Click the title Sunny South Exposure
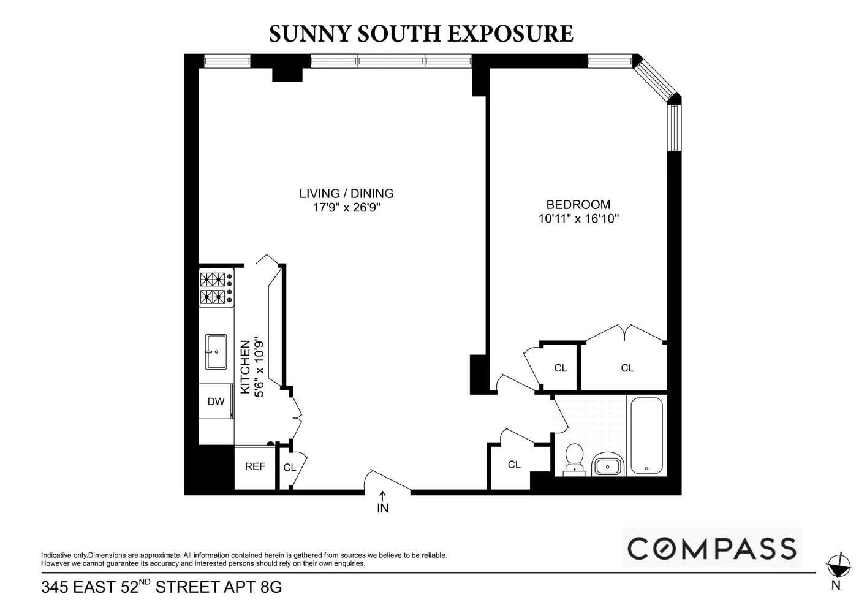(x=421, y=34)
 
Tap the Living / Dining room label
(x=346, y=194)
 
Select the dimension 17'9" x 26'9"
(x=346, y=208)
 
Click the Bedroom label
(x=578, y=205)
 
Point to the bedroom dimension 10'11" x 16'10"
(x=578, y=219)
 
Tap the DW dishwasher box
(x=216, y=402)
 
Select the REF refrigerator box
(x=255, y=467)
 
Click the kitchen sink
(x=216, y=352)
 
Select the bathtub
(x=646, y=436)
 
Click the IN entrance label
(x=383, y=508)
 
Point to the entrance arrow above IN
(x=383, y=495)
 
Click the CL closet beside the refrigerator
(x=290, y=468)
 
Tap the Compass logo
(x=712, y=548)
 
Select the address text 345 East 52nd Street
(x=161, y=587)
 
